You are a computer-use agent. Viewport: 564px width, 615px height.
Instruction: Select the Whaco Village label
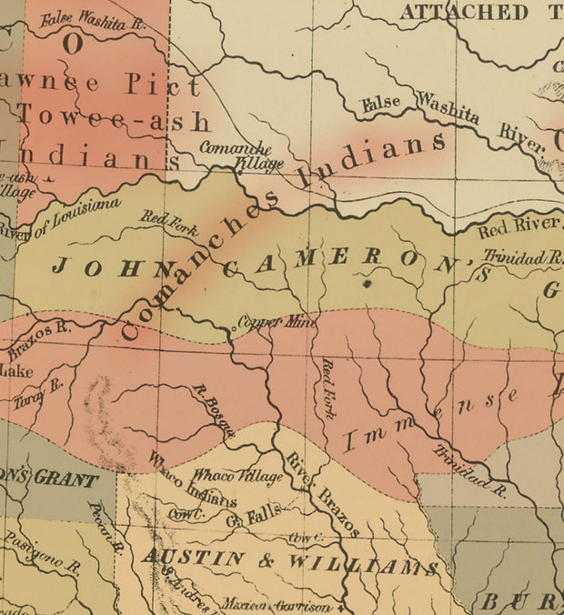(x=225, y=476)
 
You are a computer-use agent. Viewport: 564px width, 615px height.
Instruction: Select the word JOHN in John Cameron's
(x=96, y=267)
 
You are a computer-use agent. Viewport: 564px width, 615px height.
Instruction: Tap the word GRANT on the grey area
(x=65, y=479)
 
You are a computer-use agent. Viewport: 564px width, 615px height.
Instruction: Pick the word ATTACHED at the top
(x=463, y=12)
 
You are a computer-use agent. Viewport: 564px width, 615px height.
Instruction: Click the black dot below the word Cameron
(x=368, y=284)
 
